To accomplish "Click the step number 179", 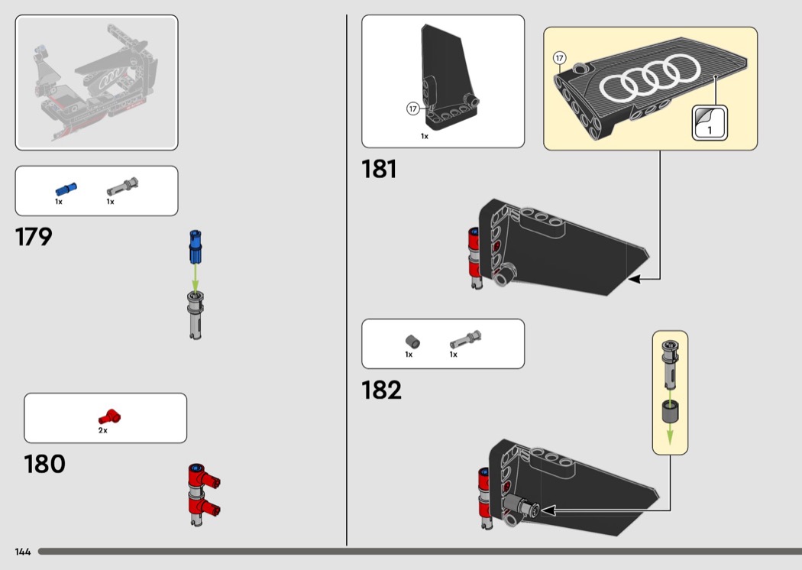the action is [x=34, y=237].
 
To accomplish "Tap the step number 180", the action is [x=44, y=464].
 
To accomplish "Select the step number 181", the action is [x=379, y=169].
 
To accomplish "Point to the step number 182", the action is [x=382, y=390].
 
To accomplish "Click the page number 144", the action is [x=23, y=552].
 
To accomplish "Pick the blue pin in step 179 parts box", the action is [x=66, y=189].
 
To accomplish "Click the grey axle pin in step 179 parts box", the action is [x=123, y=186].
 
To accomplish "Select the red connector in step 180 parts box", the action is [x=109, y=416].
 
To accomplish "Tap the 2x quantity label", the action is [x=103, y=430].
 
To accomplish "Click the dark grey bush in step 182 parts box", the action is [x=412, y=342].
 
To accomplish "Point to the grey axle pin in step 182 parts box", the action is [x=465, y=340].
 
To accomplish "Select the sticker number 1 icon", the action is [x=710, y=123].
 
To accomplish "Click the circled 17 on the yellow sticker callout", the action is [x=560, y=58].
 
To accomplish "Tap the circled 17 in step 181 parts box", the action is [x=413, y=108].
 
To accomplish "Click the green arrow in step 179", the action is [x=195, y=278].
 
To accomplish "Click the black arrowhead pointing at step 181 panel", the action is [x=634, y=279].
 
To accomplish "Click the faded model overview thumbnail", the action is [x=97, y=83].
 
